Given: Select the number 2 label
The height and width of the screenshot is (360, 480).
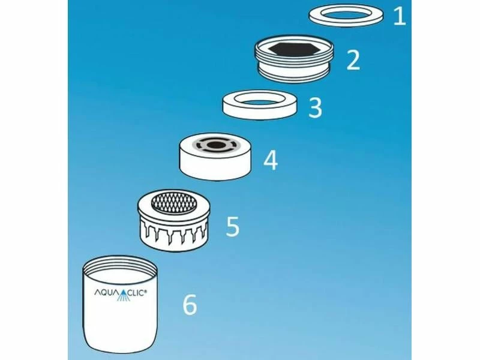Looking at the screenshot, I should [x=353, y=60].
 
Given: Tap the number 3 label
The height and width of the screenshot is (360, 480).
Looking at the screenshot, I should [x=315, y=108].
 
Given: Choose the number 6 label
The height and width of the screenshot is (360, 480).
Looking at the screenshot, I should [x=189, y=305].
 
